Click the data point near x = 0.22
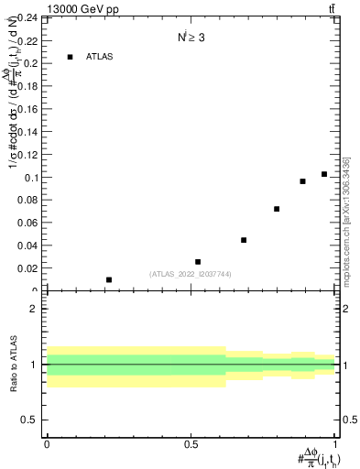(109, 279)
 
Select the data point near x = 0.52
(198, 262)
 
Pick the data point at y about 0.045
(244, 240)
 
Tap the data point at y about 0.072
(277, 209)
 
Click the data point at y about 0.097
(303, 181)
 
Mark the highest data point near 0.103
(324, 174)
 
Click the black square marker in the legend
(70, 57)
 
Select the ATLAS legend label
(100, 57)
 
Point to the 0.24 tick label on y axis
(25, 18)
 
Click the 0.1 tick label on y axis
(29, 177)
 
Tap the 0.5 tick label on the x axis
(191, 443)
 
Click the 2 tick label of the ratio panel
(33, 309)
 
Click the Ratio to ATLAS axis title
(13, 364)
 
